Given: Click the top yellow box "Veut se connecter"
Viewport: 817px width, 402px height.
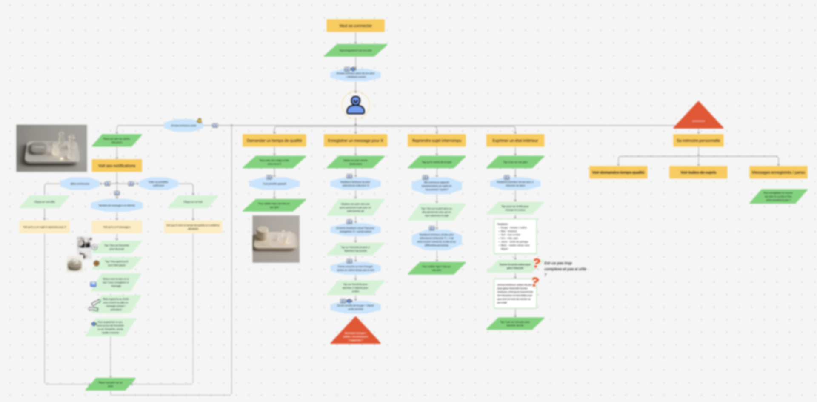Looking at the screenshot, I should click(355, 26).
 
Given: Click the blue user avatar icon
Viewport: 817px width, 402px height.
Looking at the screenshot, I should click(355, 105).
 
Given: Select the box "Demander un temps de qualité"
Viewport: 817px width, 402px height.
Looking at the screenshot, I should click(274, 141).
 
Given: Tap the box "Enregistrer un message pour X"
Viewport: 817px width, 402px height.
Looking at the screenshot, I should click(355, 141).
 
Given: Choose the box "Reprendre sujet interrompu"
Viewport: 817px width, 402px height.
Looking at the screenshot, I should click(437, 141).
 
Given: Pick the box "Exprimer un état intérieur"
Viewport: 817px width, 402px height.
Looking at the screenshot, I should click(515, 141).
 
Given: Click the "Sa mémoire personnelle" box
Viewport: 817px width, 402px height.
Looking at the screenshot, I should click(698, 141).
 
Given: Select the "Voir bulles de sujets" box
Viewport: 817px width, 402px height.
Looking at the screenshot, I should click(698, 172).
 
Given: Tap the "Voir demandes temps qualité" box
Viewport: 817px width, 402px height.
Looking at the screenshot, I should click(618, 172).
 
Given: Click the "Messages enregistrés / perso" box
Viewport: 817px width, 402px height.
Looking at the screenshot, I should click(778, 172).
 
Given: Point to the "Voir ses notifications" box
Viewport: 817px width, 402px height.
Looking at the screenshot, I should click(117, 166).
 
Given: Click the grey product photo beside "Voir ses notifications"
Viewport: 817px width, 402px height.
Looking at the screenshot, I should click(51, 148).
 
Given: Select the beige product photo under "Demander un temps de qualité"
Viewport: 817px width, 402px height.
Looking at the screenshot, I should click(276, 239).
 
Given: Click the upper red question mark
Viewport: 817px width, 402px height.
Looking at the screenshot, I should click(537, 263).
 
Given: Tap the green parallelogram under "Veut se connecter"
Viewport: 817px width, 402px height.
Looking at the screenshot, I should click(355, 50).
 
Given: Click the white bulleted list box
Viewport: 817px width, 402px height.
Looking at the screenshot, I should click(515, 236).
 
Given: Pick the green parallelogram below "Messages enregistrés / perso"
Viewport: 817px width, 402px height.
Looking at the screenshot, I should click(778, 196).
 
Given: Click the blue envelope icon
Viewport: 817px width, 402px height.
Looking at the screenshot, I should click(93, 284).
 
